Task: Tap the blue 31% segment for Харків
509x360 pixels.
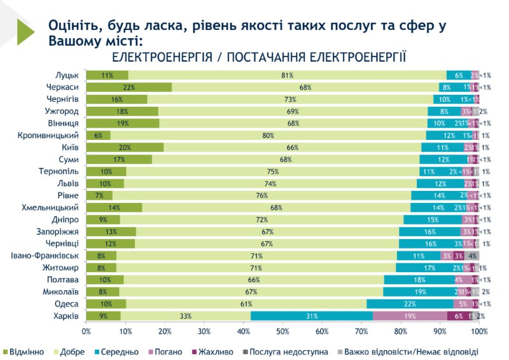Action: click(312, 316)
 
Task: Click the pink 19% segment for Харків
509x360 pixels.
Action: click(410, 316)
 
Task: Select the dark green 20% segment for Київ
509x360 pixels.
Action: click(125, 148)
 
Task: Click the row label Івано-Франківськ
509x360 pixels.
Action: click(45, 256)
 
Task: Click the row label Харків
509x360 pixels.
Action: click(66, 316)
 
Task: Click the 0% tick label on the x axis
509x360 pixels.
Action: click(86, 331)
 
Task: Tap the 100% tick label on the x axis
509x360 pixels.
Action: click(479, 331)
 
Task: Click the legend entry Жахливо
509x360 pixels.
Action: click(216, 352)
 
